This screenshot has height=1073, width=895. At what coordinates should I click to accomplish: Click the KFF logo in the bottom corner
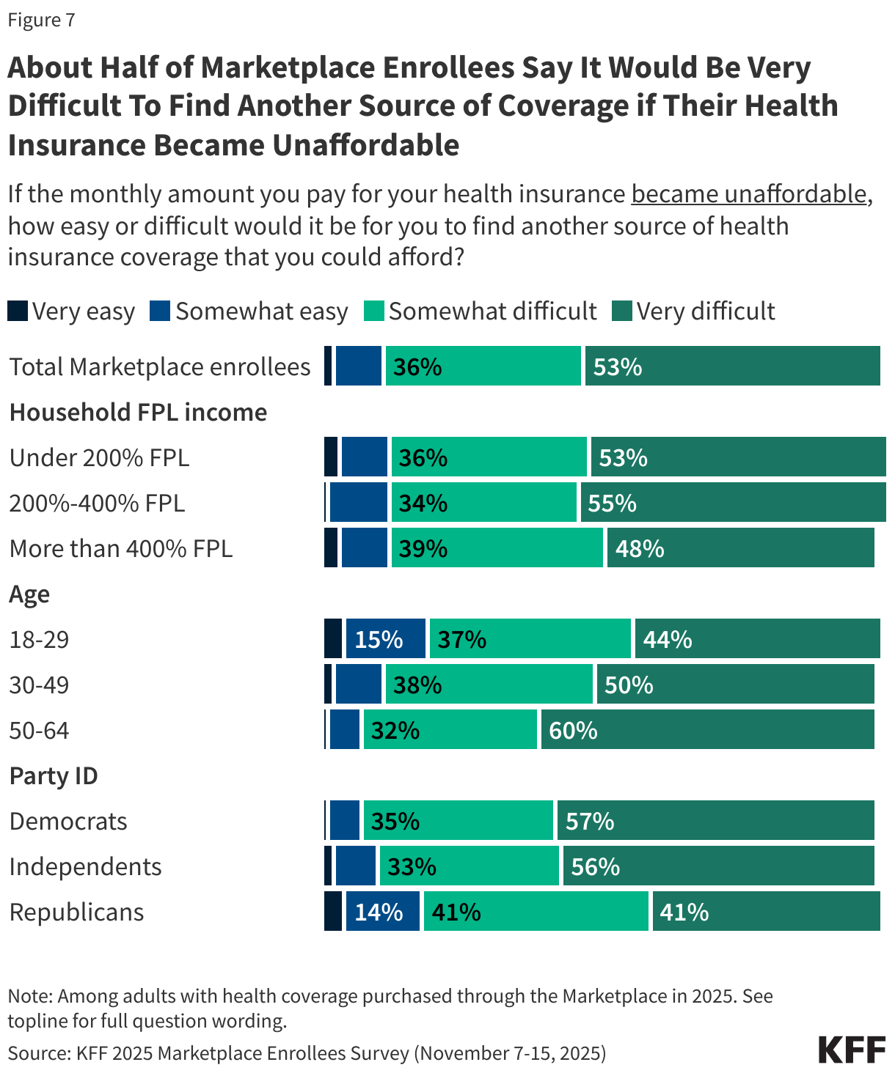click(852, 1050)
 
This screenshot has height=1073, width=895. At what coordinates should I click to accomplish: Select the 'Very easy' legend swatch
click(18, 311)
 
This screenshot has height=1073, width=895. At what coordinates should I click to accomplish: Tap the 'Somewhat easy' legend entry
click(249, 311)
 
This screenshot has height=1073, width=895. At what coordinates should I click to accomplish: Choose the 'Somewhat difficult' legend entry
click(481, 311)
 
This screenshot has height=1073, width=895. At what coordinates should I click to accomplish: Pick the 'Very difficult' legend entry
click(693, 311)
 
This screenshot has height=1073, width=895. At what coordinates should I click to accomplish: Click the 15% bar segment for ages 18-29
click(385, 638)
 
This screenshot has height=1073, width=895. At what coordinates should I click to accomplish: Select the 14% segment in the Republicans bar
click(382, 911)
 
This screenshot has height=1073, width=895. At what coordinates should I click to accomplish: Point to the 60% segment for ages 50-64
click(707, 729)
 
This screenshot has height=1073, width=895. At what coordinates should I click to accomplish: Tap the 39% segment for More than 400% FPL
click(497, 547)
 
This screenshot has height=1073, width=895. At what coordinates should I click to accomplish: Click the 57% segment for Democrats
click(715, 820)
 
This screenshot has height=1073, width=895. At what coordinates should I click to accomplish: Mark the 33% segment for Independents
click(469, 866)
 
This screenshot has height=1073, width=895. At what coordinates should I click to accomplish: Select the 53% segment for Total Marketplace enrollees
click(732, 366)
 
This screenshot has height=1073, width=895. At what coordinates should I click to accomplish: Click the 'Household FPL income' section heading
click(138, 412)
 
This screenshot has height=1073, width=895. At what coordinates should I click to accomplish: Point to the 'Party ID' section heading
click(54, 775)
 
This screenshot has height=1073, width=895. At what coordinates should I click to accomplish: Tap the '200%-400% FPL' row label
click(97, 503)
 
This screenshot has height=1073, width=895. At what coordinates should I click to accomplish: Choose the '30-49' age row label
click(39, 685)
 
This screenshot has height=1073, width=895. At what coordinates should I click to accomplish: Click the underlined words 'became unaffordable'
click(749, 194)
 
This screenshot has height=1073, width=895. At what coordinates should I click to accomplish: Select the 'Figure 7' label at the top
click(41, 20)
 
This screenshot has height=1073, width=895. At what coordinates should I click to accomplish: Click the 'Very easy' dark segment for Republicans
click(333, 911)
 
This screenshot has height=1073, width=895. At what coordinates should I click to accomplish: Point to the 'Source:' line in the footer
click(307, 1053)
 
